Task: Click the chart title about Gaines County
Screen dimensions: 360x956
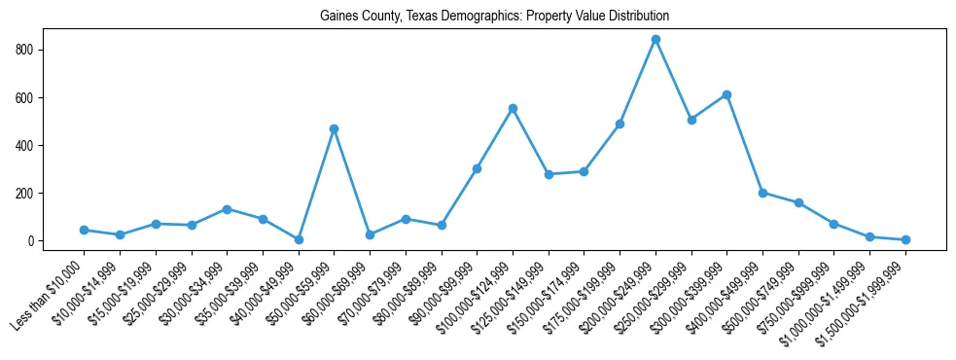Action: click(x=494, y=17)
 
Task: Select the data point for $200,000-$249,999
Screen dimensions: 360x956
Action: click(x=655, y=40)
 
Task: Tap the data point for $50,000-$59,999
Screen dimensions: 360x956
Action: click(x=334, y=128)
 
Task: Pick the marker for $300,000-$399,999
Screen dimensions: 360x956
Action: click(x=726, y=94)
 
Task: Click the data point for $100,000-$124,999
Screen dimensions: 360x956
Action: click(x=513, y=108)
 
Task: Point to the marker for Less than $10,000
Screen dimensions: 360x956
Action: click(x=84, y=230)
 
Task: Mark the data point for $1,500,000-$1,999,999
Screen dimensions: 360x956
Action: click(x=905, y=239)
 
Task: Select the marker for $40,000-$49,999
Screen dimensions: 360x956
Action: click(x=299, y=239)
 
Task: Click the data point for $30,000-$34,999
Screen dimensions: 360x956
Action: click(x=227, y=209)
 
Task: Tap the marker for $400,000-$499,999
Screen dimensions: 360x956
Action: click(x=762, y=193)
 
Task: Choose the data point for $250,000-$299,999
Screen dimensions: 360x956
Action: click(x=691, y=120)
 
